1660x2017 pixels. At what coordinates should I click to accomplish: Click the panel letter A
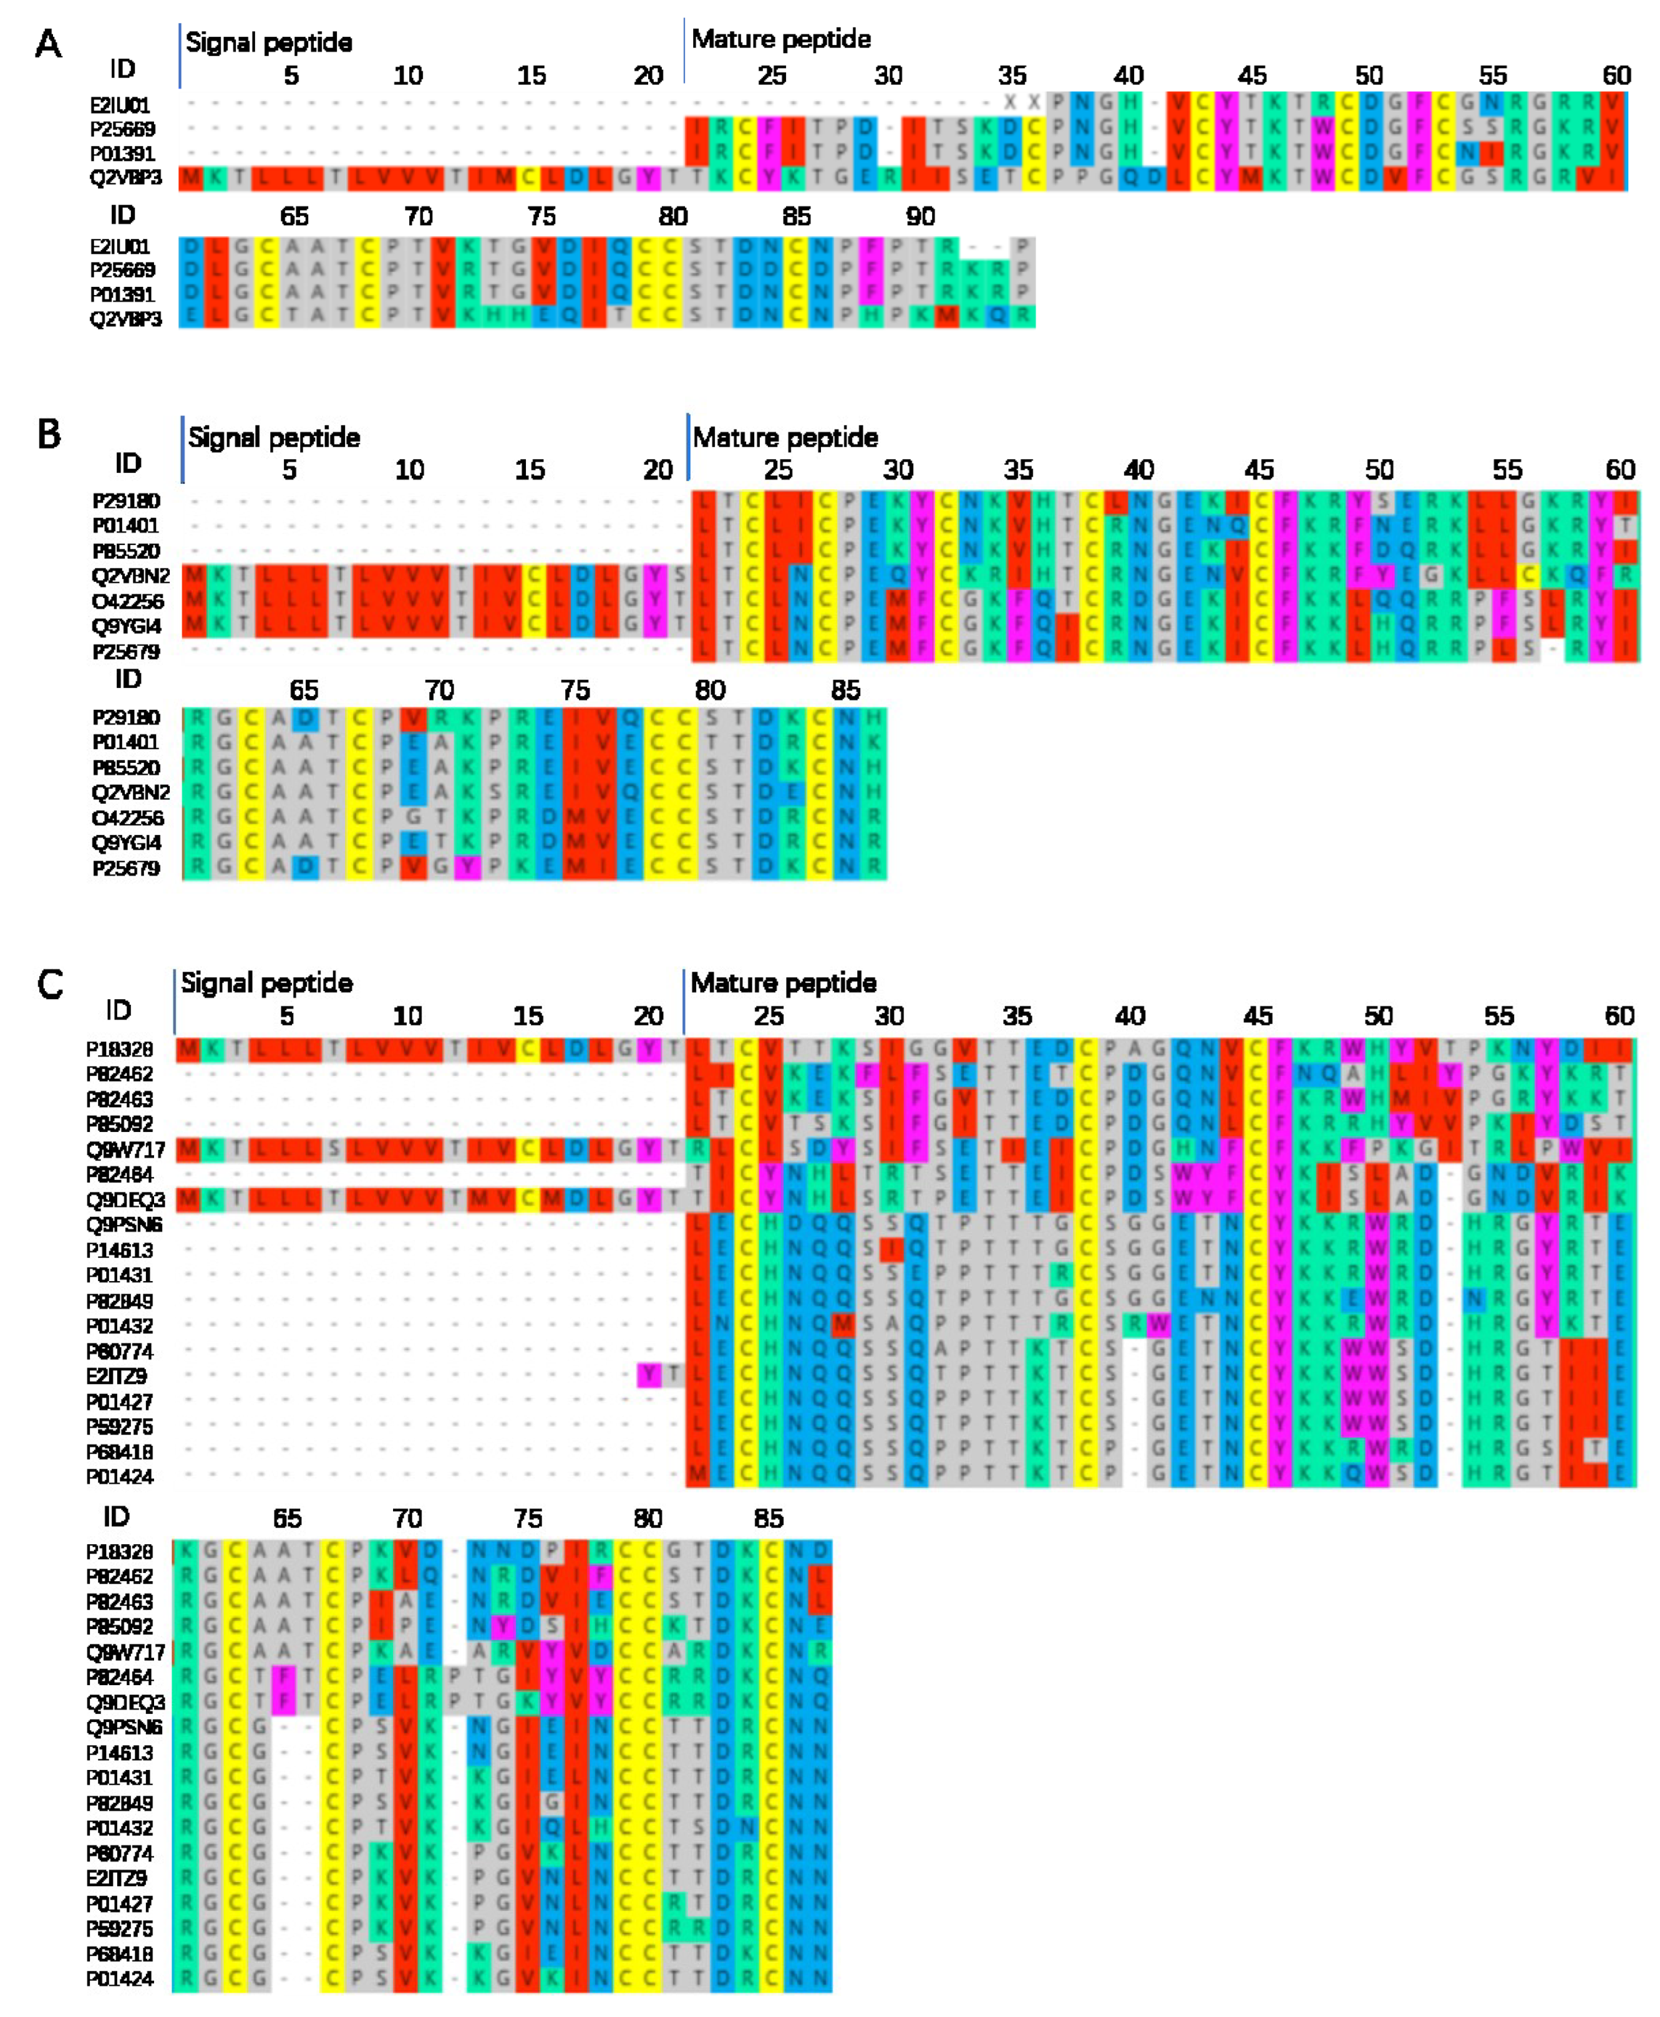(x=48, y=44)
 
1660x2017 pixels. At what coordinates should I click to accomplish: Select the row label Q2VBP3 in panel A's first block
(x=126, y=178)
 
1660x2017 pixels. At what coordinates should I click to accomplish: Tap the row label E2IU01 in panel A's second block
(x=120, y=246)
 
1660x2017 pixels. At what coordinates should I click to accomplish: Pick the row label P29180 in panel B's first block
(x=126, y=501)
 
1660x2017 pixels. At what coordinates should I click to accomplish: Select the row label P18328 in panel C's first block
(x=120, y=1050)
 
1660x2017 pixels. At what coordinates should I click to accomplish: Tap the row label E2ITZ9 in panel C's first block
(x=117, y=1376)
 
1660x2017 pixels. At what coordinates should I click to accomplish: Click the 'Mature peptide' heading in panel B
(x=785, y=438)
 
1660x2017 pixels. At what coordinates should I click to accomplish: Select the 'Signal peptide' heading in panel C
(x=267, y=983)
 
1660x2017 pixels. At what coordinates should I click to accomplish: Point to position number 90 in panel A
(x=920, y=216)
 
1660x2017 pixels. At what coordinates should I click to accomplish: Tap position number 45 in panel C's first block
(x=1258, y=1015)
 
